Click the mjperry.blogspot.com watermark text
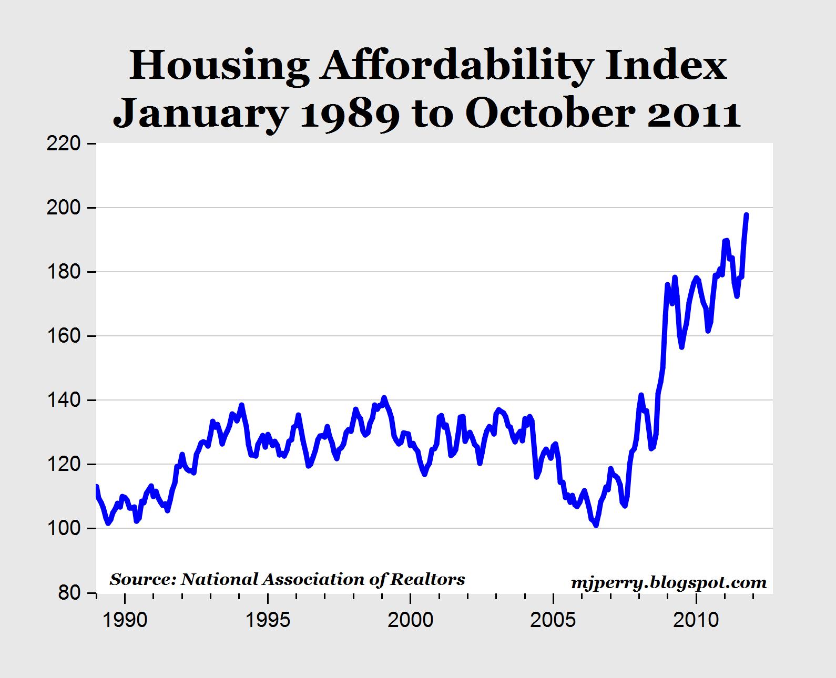(x=668, y=583)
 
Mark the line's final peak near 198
(x=747, y=215)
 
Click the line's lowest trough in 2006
(x=596, y=525)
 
